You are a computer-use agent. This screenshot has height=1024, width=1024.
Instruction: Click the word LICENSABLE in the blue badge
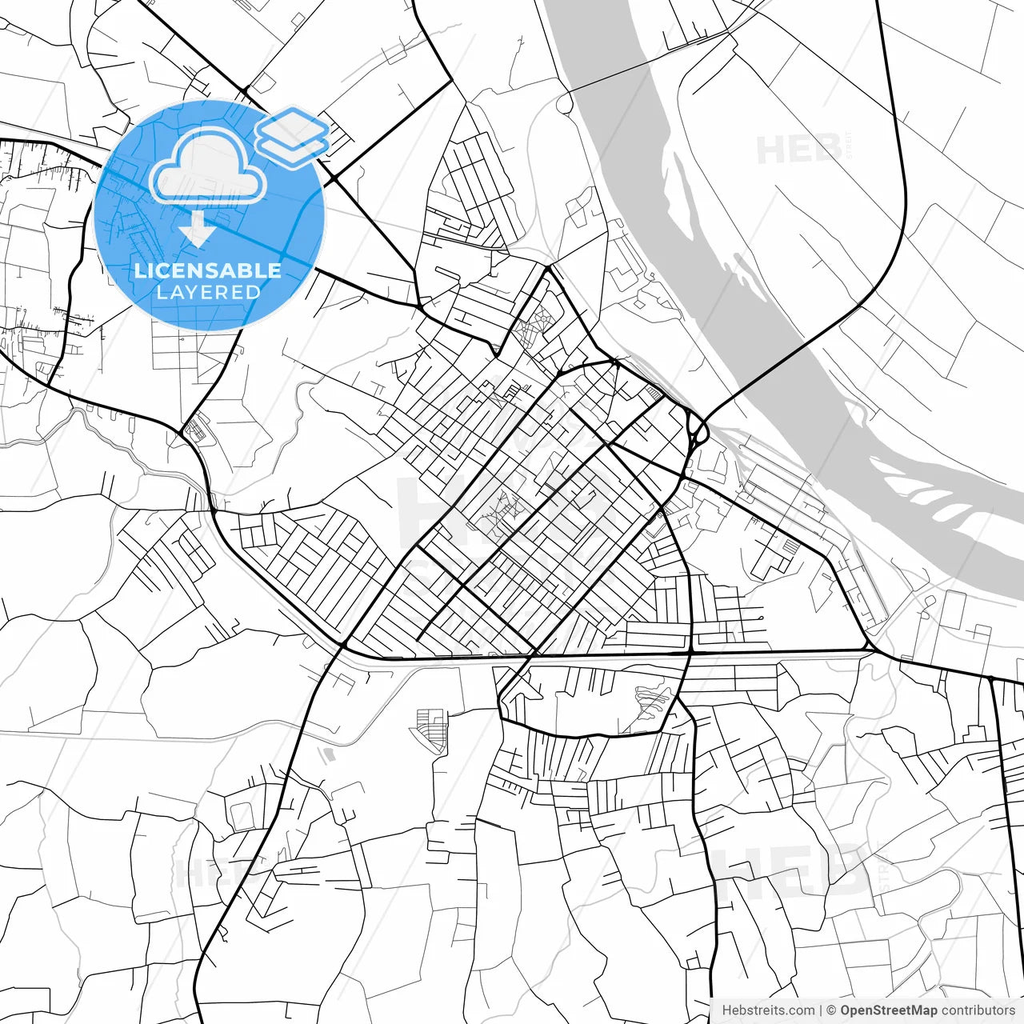point(208,270)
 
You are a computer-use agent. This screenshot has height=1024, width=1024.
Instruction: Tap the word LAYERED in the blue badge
point(208,292)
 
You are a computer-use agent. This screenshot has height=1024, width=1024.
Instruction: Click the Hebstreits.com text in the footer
point(768,1010)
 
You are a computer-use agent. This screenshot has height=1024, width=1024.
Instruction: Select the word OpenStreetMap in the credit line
point(888,1010)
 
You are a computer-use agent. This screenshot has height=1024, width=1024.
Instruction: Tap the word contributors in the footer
point(978,1010)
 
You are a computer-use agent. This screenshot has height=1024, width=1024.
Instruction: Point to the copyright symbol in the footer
point(831,1010)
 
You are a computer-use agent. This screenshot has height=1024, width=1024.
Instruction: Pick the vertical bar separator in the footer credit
point(821,1010)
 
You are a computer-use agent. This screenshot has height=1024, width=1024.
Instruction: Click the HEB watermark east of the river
point(798,150)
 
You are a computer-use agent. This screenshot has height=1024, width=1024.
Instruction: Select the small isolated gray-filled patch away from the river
point(329,754)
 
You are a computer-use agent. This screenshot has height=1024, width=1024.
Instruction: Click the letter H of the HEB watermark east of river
point(770,150)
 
